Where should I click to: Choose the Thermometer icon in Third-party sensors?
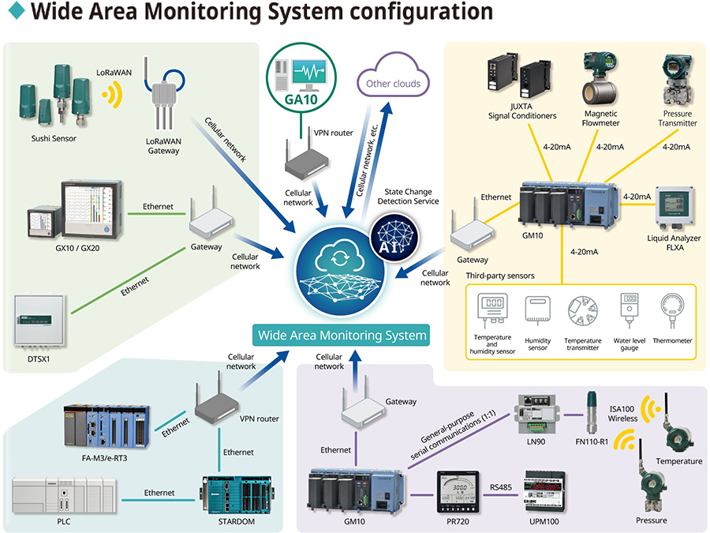[x=673, y=310]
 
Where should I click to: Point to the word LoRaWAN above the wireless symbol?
[x=113, y=71]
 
